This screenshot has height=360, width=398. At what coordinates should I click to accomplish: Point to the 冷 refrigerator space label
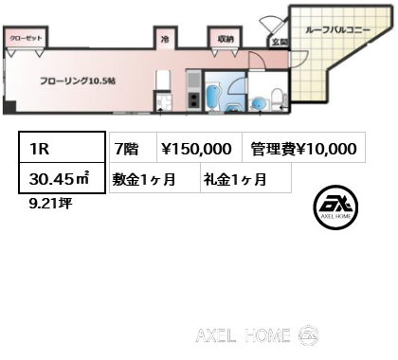point(164,39)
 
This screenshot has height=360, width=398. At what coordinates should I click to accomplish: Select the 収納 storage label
point(225,39)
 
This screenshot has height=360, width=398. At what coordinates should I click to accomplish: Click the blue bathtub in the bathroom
point(213,95)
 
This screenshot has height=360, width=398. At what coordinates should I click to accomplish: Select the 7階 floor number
point(126,148)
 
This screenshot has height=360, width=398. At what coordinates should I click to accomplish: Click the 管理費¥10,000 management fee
point(303,148)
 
